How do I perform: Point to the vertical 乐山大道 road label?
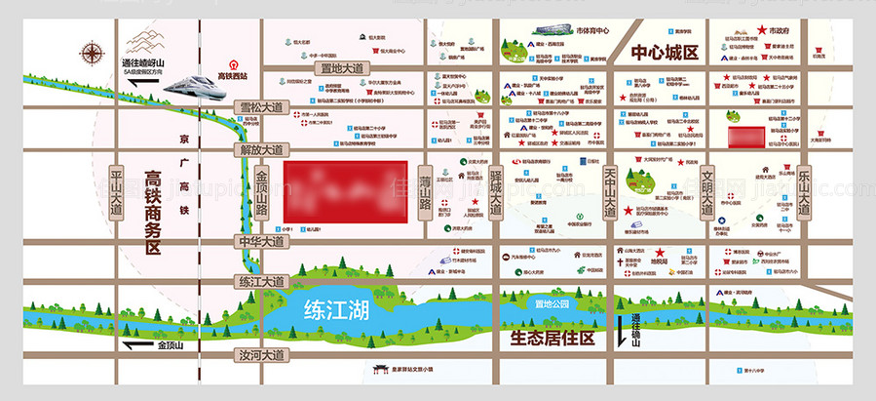[805, 192]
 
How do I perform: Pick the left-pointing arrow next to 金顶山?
[135, 344]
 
